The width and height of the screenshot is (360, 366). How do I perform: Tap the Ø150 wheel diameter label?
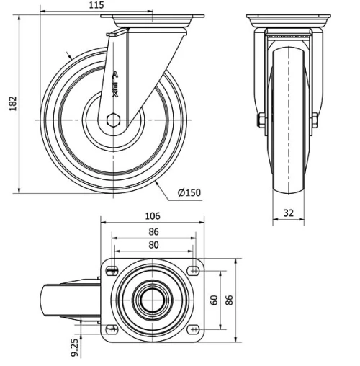(x=189, y=192)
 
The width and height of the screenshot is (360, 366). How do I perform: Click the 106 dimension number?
(x=153, y=215)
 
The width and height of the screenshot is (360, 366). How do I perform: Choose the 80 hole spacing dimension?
(x=153, y=245)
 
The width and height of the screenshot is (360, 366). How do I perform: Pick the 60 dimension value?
(x=214, y=299)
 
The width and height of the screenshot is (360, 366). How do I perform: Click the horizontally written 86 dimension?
(x=153, y=232)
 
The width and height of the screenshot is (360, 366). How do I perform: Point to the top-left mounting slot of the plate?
(x=112, y=270)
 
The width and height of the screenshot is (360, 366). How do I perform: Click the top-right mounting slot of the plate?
(x=193, y=270)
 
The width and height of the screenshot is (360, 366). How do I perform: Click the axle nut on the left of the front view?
(x=261, y=120)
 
